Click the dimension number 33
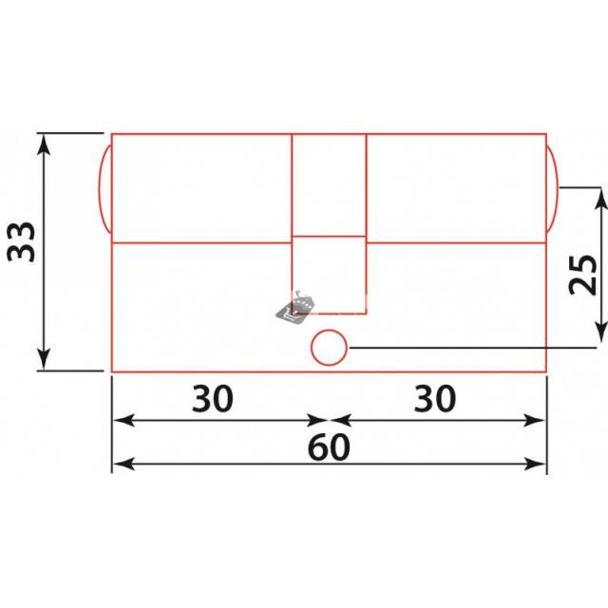pos(22,242)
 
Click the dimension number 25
pos(582,275)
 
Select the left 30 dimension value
pos(213,399)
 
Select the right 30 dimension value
pos(435,399)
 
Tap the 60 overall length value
pos(329,447)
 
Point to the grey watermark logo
pos(294,308)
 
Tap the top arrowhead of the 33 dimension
pos(44,144)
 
